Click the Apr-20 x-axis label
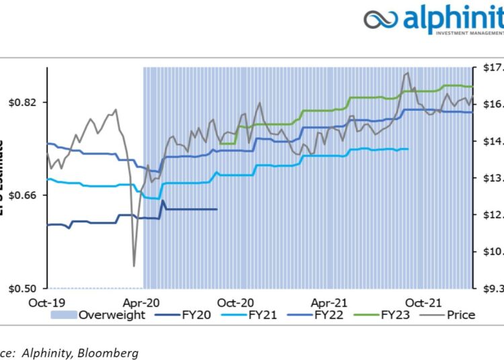pyautogui.click(x=142, y=302)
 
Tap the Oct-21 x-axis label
pyautogui.click(x=425, y=302)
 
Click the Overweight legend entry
pyautogui.click(x=112, y=314)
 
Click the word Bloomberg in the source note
pyautogui.click(x=108, y=351)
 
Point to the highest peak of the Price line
pyautogui.click(x=407, y=73)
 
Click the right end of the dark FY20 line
pyautogui.click(x=216, y=209)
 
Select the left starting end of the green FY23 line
pyautogui.click(x=221, y=143)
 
